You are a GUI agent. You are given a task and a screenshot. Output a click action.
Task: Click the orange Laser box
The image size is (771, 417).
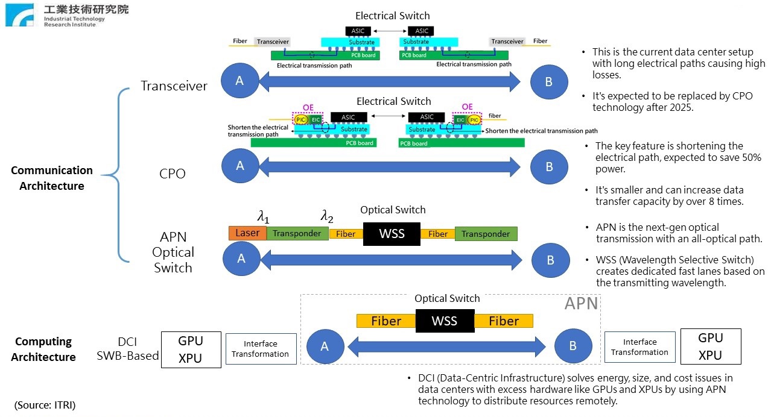click(247, 233)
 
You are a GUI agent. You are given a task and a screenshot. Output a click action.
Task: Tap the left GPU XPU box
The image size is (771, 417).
click(191, 349)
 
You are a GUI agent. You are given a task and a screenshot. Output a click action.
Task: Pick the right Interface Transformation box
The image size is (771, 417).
click(639, 347)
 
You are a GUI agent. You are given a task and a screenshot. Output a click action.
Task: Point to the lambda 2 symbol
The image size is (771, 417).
click(326, 216)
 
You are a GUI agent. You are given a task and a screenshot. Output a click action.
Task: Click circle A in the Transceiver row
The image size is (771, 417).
click(240, 81)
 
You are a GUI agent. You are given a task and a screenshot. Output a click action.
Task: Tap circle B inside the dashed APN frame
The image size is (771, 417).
click(573, 346)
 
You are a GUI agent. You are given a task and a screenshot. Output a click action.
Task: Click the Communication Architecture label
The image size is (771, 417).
click(52, 178)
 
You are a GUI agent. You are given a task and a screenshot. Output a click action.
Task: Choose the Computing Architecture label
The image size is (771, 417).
click(43, 349)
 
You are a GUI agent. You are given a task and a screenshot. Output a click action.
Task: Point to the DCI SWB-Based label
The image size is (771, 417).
click(128, 348)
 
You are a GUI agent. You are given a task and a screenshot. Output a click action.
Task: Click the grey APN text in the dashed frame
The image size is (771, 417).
click(581, 303)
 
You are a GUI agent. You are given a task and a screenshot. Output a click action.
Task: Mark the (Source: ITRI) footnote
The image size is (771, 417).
click(45, 404)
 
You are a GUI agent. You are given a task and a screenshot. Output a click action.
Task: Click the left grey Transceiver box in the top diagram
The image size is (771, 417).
click(273, 42)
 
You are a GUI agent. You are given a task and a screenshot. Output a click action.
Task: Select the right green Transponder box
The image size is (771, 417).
click(486, 234)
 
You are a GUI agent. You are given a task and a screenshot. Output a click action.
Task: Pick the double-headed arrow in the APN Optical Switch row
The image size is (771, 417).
click(391, 260)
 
